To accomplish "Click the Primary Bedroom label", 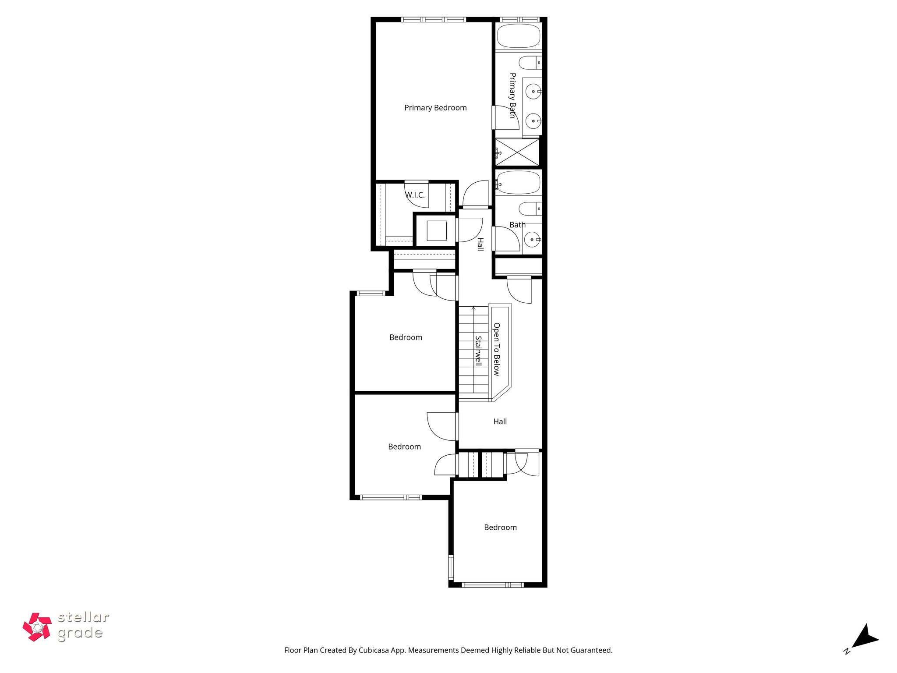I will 435,108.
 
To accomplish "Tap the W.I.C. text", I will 415,195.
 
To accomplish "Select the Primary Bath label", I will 512,96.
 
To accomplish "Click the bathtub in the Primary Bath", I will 519,36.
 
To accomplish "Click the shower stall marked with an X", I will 517,152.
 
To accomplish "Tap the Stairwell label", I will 478,351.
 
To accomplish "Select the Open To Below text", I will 497,349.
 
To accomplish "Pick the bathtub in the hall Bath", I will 519,183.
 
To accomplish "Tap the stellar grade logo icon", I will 37,627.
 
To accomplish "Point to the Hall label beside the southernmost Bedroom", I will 500,422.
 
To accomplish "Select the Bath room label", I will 517,225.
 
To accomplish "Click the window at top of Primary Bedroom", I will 434,19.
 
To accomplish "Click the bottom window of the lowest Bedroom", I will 493,584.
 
